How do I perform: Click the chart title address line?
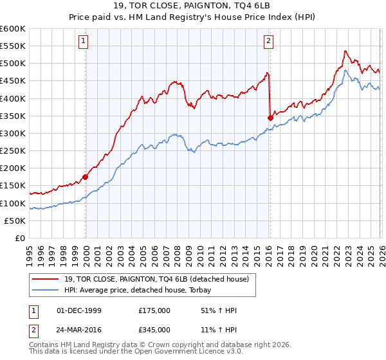coord(192,5)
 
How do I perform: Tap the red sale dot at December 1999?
coord(86,177)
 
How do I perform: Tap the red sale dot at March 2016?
coord(270,117)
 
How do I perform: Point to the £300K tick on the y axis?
coord(14,133)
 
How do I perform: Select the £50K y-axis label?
coord(16,221)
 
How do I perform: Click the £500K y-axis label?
coord(14,63)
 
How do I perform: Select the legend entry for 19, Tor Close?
coord(156,279)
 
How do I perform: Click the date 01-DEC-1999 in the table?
coord(80,310)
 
